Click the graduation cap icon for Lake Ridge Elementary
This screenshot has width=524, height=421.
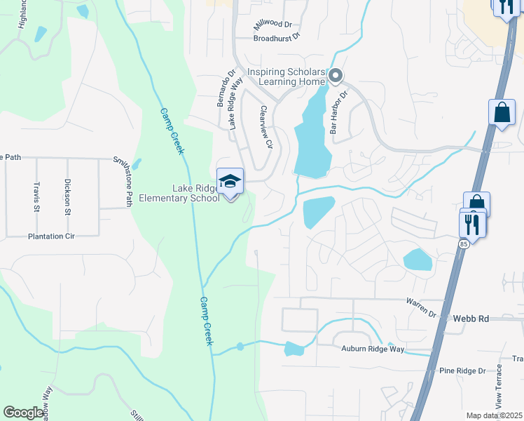coord(230,182)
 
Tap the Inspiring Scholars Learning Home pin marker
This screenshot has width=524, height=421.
coord(336,75)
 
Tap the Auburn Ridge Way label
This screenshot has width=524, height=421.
coord(373,349)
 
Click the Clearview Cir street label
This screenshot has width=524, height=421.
coord(265,127)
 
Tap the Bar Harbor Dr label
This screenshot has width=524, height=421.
coord(337,112)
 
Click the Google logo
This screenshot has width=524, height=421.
coord(24,413)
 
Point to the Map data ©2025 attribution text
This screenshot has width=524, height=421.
coord(494,415)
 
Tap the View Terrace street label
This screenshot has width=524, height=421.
coord(499,387)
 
